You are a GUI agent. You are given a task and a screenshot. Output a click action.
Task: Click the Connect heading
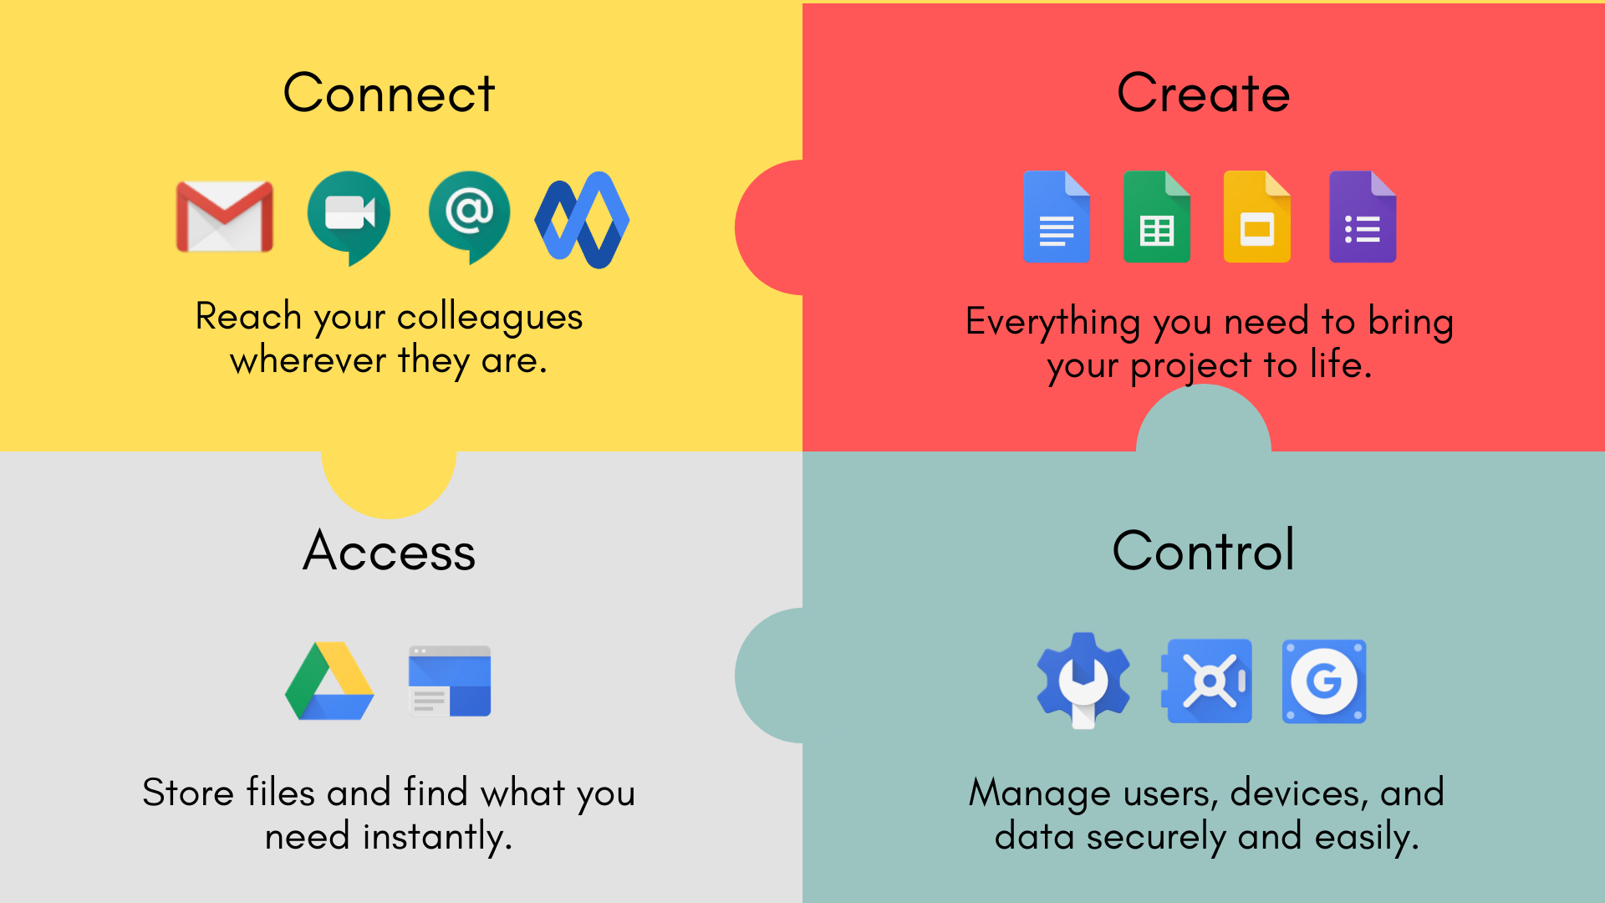[389, 93]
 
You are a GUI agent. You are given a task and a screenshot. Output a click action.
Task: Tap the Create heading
[1203, 93]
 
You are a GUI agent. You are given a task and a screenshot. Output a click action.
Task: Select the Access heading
[389, 551]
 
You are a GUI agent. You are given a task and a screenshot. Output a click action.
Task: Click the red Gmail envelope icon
[225, 217]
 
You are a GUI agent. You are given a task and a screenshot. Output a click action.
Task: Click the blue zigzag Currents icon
[582, 220]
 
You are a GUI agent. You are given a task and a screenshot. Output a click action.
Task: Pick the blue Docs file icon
[1057, 217]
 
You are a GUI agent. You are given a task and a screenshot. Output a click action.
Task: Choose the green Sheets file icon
[1157, 217]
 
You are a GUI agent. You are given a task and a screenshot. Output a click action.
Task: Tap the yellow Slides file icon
[1257, 217]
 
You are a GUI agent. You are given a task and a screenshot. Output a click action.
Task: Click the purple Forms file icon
[1363, 217]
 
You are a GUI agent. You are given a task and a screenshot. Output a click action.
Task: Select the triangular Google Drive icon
[329, 681]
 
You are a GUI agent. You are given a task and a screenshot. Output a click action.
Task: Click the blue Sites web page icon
[450, 681]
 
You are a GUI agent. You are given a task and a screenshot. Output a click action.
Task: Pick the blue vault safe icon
[1207, 681]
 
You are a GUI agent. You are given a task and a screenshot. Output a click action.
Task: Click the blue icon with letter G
[1324, 681]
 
